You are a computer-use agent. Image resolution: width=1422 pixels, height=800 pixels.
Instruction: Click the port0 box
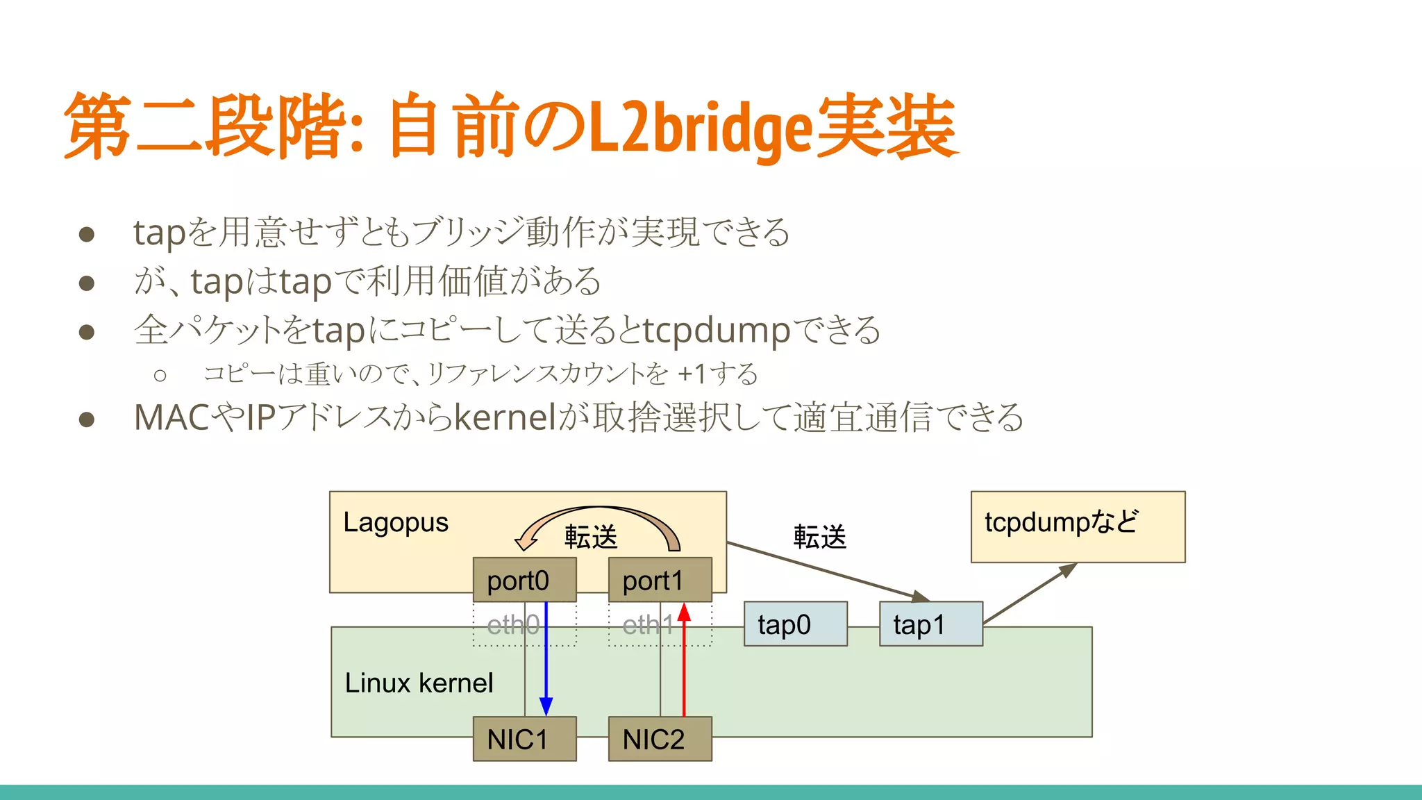[x=524, y=580]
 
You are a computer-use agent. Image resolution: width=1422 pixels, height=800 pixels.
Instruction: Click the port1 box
[x=660, y=580]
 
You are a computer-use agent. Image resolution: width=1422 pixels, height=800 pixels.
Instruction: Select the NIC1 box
[x=524, y=739]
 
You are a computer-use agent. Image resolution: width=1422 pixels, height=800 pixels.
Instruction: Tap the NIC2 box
[x=660, y=739]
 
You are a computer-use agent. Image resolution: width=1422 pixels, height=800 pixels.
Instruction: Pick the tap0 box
[x=795, y=624]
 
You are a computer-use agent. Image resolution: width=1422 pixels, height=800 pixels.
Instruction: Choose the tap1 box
[x=930, y=624]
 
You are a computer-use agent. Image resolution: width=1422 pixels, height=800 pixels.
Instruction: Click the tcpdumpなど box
[x=1077, y=526]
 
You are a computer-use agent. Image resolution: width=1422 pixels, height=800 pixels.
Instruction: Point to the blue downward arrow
[x=546, y=660]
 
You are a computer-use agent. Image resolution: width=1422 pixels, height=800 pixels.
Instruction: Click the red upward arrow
[x=684, y=660]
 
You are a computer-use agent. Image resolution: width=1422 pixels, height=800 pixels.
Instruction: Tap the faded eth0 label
[x=512, y=625]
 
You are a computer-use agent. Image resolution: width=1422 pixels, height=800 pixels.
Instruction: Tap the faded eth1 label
[x=647, y=625]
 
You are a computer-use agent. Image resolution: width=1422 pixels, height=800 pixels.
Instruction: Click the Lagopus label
[x=395, y=522]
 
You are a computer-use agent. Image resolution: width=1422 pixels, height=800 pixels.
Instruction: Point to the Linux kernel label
[x=419, y=683]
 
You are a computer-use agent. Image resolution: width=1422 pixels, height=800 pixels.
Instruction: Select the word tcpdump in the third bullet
[x=716, y=331]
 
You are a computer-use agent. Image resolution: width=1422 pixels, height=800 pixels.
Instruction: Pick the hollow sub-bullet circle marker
[x=160, y=376]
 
